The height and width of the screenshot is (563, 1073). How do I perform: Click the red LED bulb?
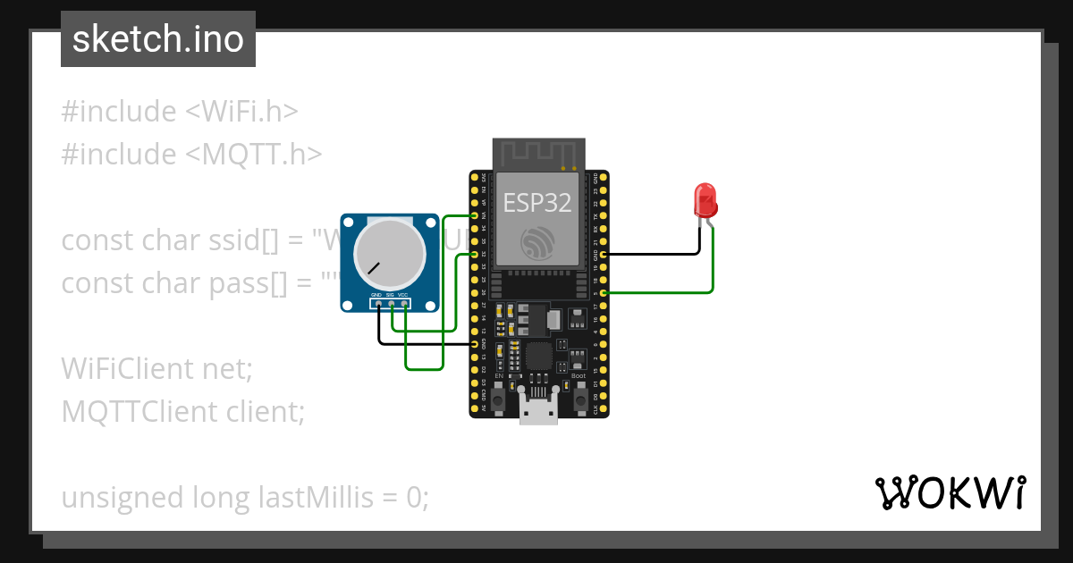pyautogui.click(x=705, y=200)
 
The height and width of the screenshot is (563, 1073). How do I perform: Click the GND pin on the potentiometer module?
pyautogui.click(x=379, y=304)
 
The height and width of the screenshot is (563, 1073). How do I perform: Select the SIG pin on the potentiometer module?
pyautogui.click(x=392, y=304)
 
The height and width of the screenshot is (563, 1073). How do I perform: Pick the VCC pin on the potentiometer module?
pyautogui.click(x=405, y=304)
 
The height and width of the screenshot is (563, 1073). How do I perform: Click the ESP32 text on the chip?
pyautogui.click(x=536, y=202)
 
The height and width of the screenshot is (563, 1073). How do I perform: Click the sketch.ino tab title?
pyautogui.click(x=158, y=39)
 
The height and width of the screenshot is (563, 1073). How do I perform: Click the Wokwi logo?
pyautogui.click(x=950, y=492)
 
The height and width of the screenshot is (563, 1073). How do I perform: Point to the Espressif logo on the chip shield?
pyautogui.click(x=538, y=244)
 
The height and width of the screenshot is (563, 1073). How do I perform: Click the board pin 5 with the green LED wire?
pyautogui.click(x=604, y=292)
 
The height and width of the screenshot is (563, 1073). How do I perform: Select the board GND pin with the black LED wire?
pyautogui.click(x=604, y=254)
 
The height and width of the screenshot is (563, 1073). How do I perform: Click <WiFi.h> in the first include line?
pyautogui.click(x=241, y=112)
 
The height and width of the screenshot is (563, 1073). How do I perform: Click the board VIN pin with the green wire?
pyautogui.click(x=474, y=215)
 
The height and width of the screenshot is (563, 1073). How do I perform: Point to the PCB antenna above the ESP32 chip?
pyautogui.click(x=539, y=153)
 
